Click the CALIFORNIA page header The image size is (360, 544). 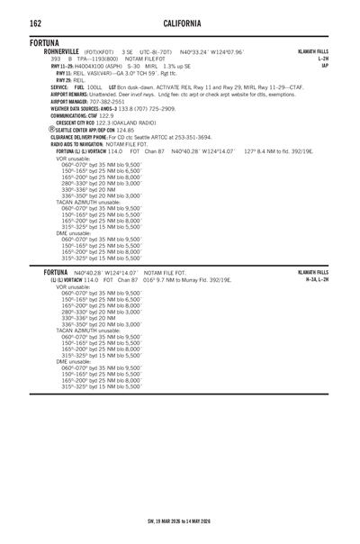tap(180, 22)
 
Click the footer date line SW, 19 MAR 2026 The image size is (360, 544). tap(180, 521)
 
